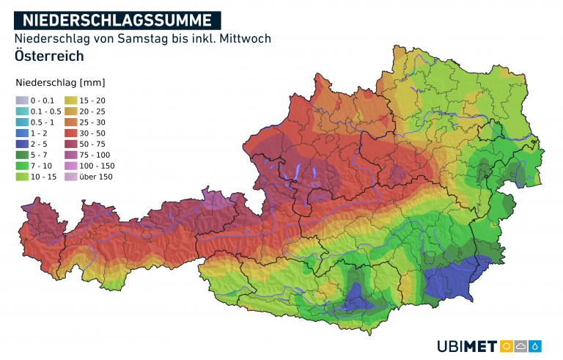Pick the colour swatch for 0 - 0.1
point(22,100)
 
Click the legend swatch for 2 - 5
point(22,144)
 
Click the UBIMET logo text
point(466,346)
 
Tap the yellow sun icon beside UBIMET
point(506,346)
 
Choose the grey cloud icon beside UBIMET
point(521,346)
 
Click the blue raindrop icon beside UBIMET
point(537,346)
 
